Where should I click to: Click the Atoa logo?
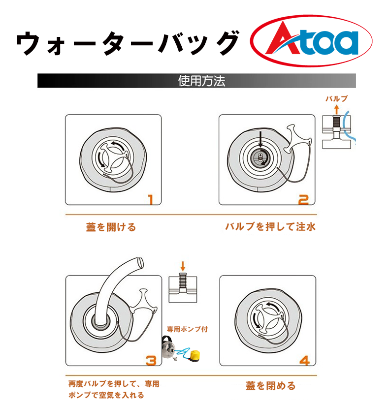pyautogui.click(x=311, y=41)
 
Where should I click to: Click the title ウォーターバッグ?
pyautogui.click(x=128, y=43)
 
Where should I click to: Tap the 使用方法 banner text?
pyautogui.click(x=201, y=81)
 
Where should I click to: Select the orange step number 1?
pyautogui.click(x=151, y=200)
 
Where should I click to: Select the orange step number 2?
pyautogui.click(x=303, y=200)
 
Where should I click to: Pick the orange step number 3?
pyautogui.click(x=151, y=361)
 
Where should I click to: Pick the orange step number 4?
pyautogui.click(x=304, y=361)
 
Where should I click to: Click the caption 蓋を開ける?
pyautogui.click(x=111, y=227)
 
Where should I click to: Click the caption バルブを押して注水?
pyautogui.click(x=270, y=226)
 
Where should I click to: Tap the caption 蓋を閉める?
pyautogui.click(x=271, y=386)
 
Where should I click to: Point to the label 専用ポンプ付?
pyautogui.click(x=187, y=329)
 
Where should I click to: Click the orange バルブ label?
pyautogui.click(x=336, y=98)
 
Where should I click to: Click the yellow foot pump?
pyautogui.click(x=195, y=355)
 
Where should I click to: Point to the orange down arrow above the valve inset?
pyautogui.click(x=183, y=266)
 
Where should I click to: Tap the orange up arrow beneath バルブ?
pyautogui.click(x=336, y=109)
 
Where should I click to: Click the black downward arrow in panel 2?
pyautogui.click(x=260, y=139)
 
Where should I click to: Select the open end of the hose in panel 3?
pyautogui.click(x=141, y=262)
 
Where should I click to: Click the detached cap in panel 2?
pyautogui.click(x=298, y=138)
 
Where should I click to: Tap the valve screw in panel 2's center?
pyautogui.click(x=260, y=156)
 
